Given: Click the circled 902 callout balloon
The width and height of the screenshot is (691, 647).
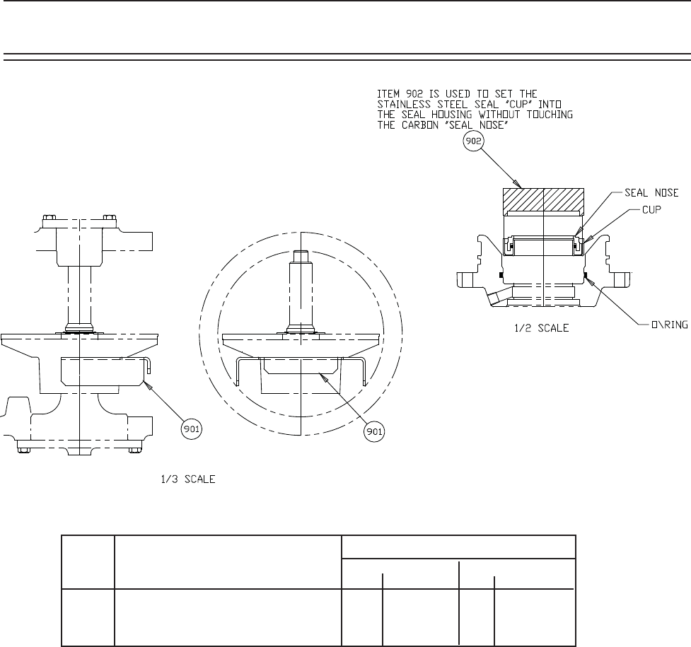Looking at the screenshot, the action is (473, 141).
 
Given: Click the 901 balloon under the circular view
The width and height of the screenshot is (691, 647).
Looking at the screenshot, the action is (374, 431).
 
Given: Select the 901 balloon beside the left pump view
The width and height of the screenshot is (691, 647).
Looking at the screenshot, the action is (191, 429).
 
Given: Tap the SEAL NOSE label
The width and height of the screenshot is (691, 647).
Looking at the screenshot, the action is (651, 192).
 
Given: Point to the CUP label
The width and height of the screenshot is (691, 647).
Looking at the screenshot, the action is (651, 210).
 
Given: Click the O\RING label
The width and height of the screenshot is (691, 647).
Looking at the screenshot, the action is (669, 325).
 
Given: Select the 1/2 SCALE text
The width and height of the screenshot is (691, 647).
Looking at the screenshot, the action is (542, 328).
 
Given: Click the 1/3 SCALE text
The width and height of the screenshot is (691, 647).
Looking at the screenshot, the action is (188, 479).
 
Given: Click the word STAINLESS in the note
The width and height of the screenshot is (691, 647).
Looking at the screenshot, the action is (404, 105).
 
